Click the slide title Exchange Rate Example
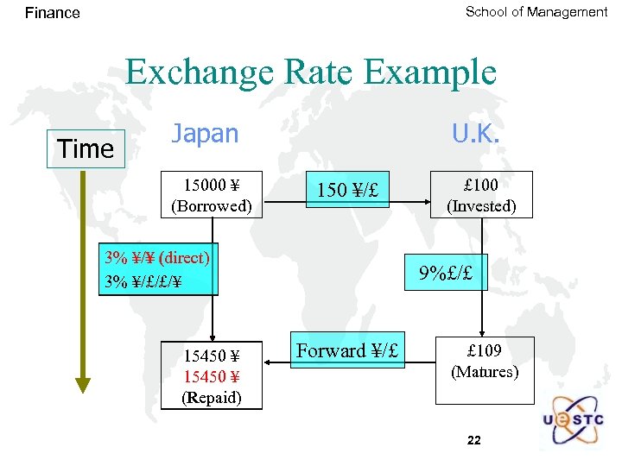pyautogui.click(x=311, y=72)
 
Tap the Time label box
pyautogui.click(x=86, y=148)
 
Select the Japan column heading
pyautogui.click(x=205, y=134)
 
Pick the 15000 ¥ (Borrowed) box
pyautogui.click(x=212, y=195)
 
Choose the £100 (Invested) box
pyautogui.click(x=481, y=195)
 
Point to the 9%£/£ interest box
pyautogui.click(x=447, y=273)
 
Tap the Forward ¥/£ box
pyautogui.click(x=347, y=351)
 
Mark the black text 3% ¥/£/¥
pyautogui.click(x=143, y=280)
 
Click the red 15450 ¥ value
pyautogui.click(x=212, y=376)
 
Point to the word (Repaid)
pyautogui.click(x=212, y=397)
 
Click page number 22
pyautogui.click(x=473, y=440)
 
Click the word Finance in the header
pyautogui.click(x=52, y=13)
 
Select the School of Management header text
pyautogui.click(x=536, y=12)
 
